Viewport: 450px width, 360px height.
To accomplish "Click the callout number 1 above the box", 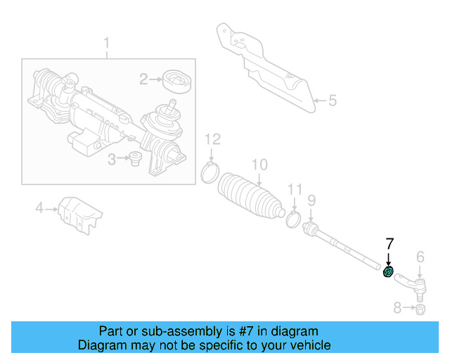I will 107,46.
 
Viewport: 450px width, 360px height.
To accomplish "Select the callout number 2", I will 143,79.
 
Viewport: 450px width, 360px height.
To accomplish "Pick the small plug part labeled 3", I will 134,161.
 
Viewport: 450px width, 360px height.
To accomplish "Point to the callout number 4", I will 39,207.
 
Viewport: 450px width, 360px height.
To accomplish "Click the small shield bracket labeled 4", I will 79,212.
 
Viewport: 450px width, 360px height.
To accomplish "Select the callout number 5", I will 332,101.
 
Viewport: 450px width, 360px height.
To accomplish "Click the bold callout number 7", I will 390,244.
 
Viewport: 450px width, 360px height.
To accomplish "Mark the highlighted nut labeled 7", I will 387,272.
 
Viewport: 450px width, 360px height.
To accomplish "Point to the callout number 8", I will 397,307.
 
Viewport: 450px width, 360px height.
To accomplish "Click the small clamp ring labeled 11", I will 294,220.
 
